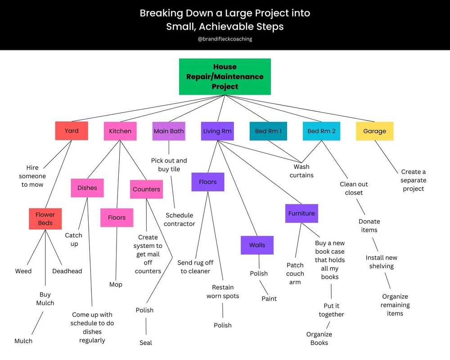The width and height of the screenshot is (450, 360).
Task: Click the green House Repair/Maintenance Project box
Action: click(x=225, y=76)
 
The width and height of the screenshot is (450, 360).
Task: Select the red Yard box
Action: click(x=72, y=131)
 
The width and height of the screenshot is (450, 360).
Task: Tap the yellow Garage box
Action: click(x=374, y=131)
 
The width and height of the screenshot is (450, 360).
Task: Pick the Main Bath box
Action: click(x=169, y=131)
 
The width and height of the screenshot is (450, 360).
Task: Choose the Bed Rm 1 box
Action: click(x=268, y=131)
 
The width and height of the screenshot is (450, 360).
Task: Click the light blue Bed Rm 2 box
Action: click(x=321, y=131)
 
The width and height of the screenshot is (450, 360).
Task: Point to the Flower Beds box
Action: click(x=45, y=219)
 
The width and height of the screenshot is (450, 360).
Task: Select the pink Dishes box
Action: click(x=87, y=188)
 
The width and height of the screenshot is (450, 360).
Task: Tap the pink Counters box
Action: click(x=146, y=189)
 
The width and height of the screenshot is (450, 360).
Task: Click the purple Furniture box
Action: click(x=301, y=213)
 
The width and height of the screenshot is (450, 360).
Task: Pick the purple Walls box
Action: click(x=257, y=245)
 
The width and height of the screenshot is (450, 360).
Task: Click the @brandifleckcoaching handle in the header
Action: click(x=225, y=39)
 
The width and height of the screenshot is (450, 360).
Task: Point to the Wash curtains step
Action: click(x=301, y=171)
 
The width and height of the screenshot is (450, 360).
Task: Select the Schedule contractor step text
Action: click(x=180, y=220)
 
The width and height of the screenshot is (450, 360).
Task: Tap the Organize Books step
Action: click(x=319, y=338)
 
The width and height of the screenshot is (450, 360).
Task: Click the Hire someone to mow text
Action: click(x=32, y=176)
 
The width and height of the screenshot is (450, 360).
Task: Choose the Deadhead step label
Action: click(x=67, y=271)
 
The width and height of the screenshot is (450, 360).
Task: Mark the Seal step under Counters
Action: click(x=146, y=343)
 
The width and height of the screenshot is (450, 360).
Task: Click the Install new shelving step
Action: click(x=382, y=262)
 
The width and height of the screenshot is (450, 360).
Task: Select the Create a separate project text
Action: click(x=414, y=180)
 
